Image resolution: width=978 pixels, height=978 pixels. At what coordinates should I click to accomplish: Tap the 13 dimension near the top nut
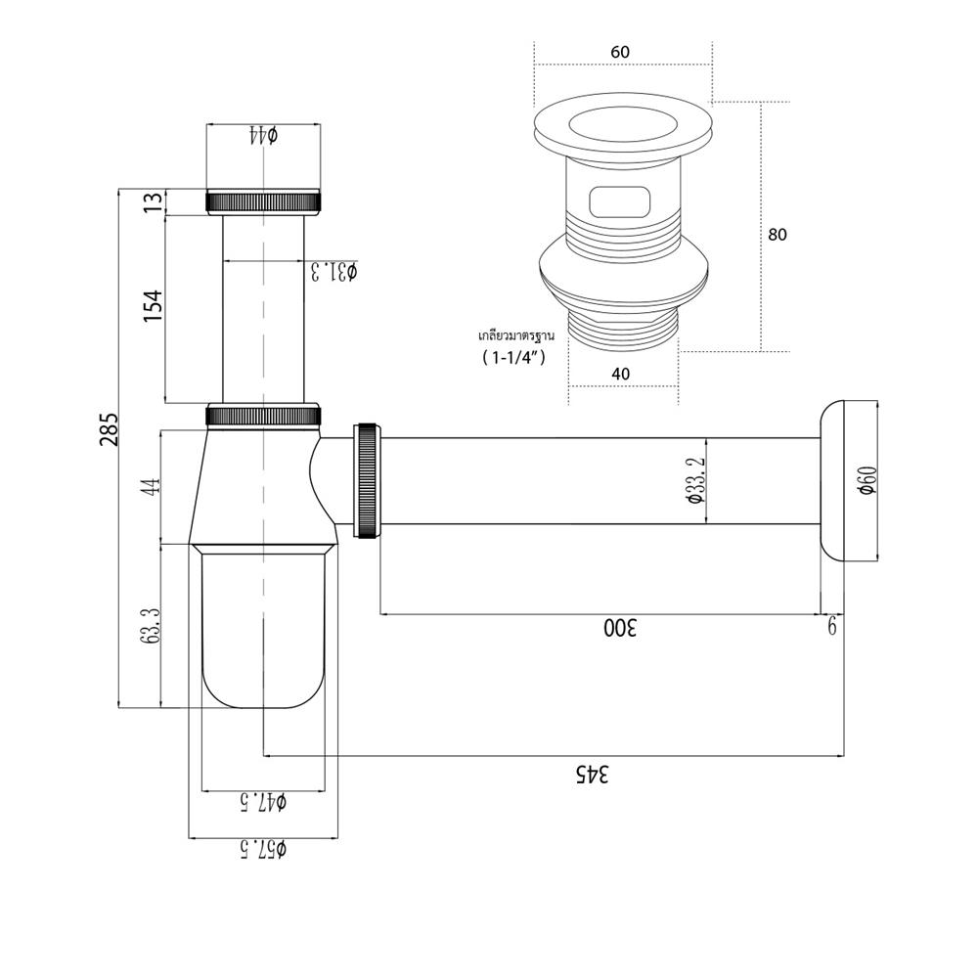(x=152, y=201)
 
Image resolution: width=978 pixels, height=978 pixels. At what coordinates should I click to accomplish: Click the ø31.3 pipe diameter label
(x=333, y=271)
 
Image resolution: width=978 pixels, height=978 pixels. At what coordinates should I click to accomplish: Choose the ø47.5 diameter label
(x=262, y=802)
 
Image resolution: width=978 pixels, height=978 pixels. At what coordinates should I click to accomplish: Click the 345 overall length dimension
(x=592, y=774)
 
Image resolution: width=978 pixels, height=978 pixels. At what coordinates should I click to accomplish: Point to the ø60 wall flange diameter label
(x=867, y=482)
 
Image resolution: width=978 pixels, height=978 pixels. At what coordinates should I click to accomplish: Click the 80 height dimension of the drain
(x=778, y=235)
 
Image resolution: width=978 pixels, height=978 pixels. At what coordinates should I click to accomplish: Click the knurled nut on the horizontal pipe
(x=367, y=479)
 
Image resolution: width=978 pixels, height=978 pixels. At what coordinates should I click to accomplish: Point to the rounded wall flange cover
(x=851, y=481)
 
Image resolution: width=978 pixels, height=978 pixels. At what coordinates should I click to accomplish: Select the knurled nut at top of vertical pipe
(x=264, y=201)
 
